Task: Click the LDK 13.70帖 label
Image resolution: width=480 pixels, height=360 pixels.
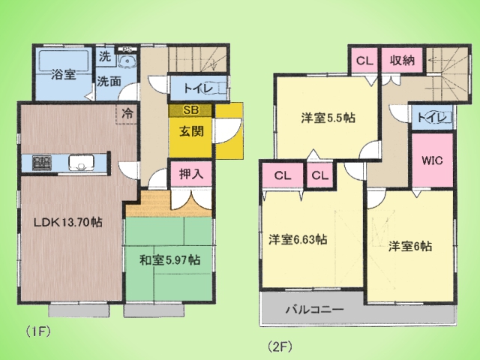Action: (x=67, y=222)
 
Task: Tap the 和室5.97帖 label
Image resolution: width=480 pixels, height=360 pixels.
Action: (x=170, y=260)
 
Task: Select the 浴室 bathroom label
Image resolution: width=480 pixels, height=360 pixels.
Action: (x=63, y=74)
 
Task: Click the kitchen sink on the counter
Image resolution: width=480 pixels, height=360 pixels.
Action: (x=82, y=163)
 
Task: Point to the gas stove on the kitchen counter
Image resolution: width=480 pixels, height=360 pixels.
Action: (x=42, y=163)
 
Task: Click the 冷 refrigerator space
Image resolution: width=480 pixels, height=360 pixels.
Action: (x=127, y=114)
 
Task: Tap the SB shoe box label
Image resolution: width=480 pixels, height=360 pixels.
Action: (x=190, y=110)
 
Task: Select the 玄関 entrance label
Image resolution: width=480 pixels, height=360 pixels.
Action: (x=191, y=132)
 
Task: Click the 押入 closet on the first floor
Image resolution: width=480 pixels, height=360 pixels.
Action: (x=191, y=174)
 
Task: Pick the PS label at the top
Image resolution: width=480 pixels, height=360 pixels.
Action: (x=127, y=49)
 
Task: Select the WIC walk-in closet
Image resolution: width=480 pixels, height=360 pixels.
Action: (x=432, y=160)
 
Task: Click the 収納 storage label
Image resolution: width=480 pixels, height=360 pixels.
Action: (x=402, y=61)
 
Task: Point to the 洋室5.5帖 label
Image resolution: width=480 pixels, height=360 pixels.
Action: (x=328, y=118)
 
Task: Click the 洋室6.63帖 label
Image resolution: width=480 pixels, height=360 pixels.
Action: (x=298, y=239)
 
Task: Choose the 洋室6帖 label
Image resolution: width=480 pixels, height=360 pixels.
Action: (x=410, y=246)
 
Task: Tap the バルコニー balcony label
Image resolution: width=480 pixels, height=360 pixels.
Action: (x=315, y=310)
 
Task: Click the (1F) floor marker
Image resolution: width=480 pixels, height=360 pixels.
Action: (x=37, y=331)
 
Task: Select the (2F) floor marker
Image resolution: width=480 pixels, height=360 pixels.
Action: (x=280, y=346)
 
